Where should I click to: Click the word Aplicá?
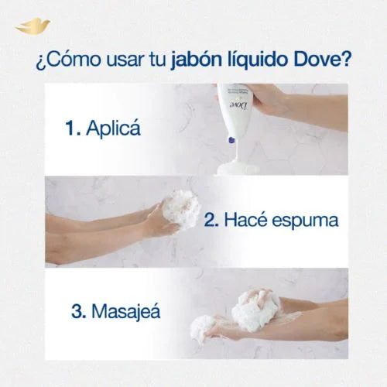point(115,129)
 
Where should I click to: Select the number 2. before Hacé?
point(212,220)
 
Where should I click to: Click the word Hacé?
point(248,220)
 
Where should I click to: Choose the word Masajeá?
point(126,312)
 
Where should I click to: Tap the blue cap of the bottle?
point(230,141)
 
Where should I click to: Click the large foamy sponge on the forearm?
point(255,310)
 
